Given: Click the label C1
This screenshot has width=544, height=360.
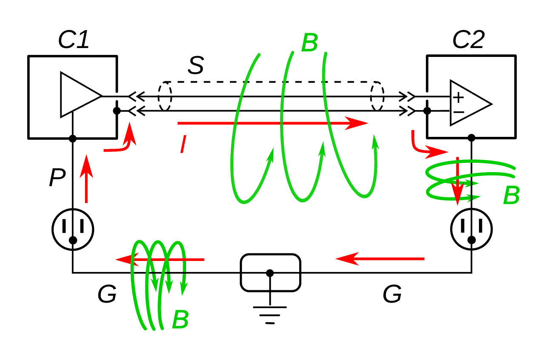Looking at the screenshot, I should [x=74, y=40].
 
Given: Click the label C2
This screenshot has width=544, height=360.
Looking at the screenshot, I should [x=468, y=40].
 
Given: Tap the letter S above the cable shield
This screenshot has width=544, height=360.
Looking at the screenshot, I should [x=196, y=66].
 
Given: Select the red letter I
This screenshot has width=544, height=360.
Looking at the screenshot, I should [x=183, y=144].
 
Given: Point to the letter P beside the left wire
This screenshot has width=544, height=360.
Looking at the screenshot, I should [x=57, y=178].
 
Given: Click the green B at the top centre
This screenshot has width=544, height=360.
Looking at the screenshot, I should [x=309, y=43].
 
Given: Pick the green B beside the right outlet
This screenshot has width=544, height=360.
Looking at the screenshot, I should [x=511, y=196].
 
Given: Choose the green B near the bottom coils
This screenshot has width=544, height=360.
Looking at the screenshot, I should [x=180, y=320].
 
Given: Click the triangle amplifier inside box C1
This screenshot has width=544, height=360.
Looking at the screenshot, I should [x=79, y=95].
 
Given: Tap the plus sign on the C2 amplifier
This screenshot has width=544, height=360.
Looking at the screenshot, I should [x=458, y=97].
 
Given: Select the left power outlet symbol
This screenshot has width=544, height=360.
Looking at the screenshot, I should [x=73, y=229].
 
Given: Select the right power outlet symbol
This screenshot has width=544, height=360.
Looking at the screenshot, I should [x=471, y=229].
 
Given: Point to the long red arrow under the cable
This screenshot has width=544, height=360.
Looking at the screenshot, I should [x=272, y=123].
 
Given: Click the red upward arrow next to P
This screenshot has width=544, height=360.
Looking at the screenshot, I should [x=86, y=179].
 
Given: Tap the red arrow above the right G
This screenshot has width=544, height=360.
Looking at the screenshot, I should [x=380, y=258].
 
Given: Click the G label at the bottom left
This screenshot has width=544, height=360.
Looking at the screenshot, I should [x=107, y=295].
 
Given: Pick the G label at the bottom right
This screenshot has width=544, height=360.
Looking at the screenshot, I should [x=392, y=294].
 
